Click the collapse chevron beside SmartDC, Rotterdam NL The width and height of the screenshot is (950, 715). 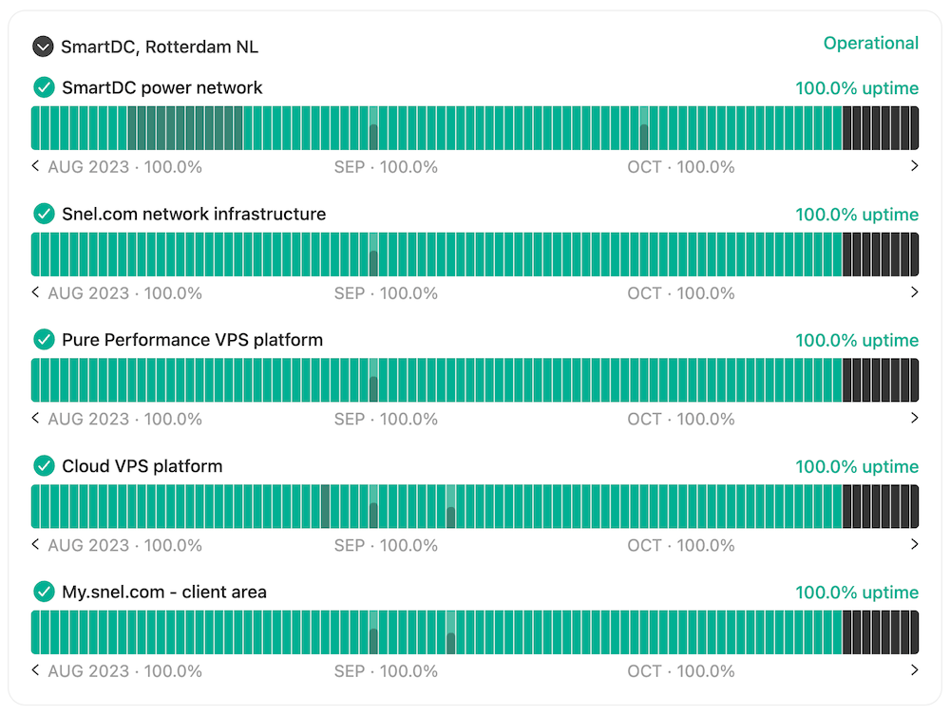click(43, 47)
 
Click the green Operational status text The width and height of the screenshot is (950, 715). click(870, 43)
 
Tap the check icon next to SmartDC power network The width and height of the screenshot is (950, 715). click(44, 87)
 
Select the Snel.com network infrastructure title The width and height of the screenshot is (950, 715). click(194, 214)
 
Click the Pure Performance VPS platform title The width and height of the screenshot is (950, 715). click(192, 340)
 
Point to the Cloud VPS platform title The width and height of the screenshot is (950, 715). click(142, 466)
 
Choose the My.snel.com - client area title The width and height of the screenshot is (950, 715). click(164, 593)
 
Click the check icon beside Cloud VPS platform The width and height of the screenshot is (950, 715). click(44, 466)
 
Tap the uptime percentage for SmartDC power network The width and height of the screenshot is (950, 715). click(857, 88)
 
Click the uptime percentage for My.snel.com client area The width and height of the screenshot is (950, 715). click(857, 593)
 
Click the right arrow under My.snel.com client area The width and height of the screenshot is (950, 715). click(914, 670)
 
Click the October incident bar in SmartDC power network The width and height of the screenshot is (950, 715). click(644, 128)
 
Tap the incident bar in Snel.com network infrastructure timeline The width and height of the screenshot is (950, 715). click(373, 254)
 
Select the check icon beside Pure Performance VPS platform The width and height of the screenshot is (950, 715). click(44, 340)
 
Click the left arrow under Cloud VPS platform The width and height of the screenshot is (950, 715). click(36, 545)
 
